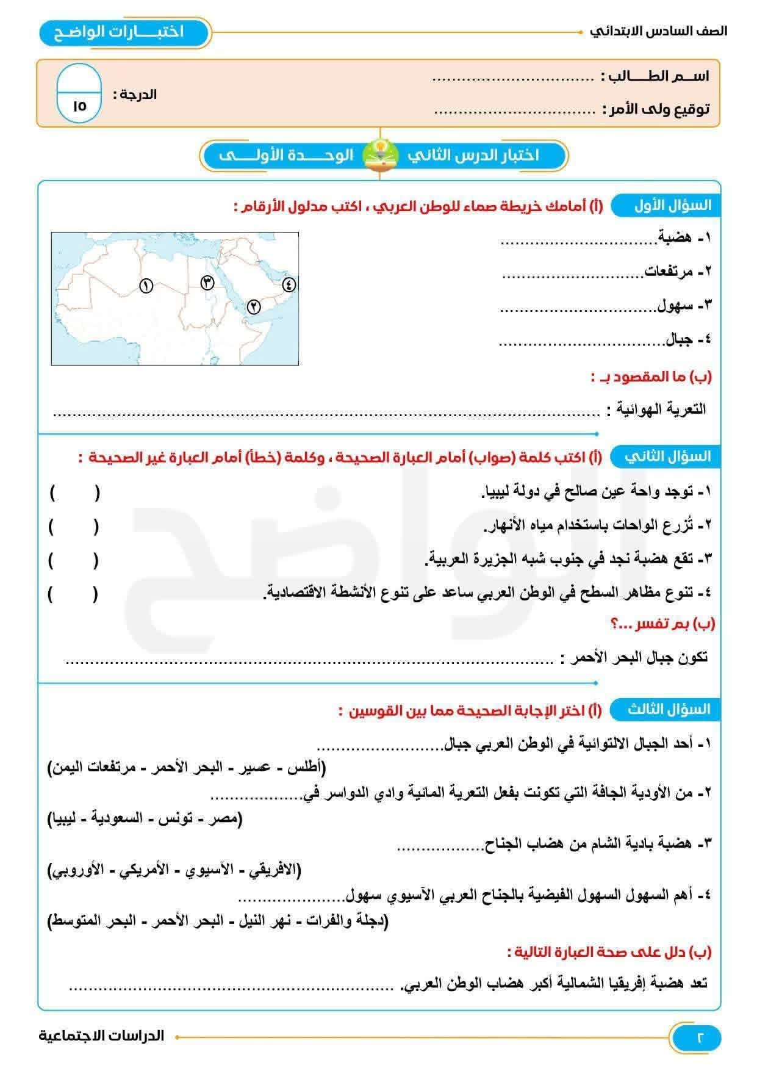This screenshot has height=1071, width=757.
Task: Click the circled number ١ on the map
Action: coord(146,285)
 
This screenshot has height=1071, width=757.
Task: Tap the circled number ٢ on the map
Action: coord(253,307)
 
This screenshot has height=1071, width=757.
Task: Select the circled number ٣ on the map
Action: coord(207,282)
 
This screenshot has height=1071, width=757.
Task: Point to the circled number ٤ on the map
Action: coord(289,284)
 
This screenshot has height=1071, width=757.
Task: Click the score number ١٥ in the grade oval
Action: coord(79,106)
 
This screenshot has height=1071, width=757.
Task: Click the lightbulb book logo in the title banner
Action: coord(380,155)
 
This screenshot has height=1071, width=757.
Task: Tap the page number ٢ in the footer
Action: coord(699,1037)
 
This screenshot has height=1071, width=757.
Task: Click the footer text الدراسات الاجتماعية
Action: coord(102,1036)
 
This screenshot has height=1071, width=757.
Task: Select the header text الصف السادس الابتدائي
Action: coord(659,31)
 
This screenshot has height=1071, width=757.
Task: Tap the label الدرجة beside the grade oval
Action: coord(135,94)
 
